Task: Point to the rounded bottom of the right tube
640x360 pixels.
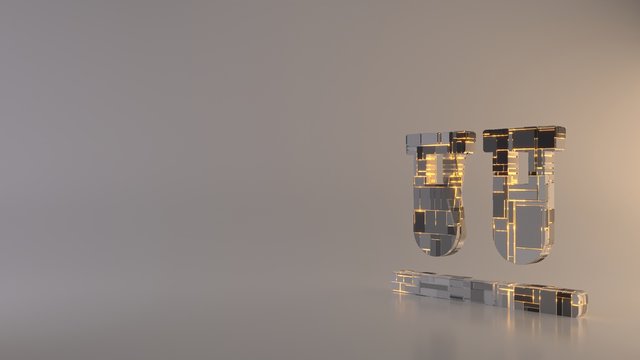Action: pyautogui.click(x=519, y=252)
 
